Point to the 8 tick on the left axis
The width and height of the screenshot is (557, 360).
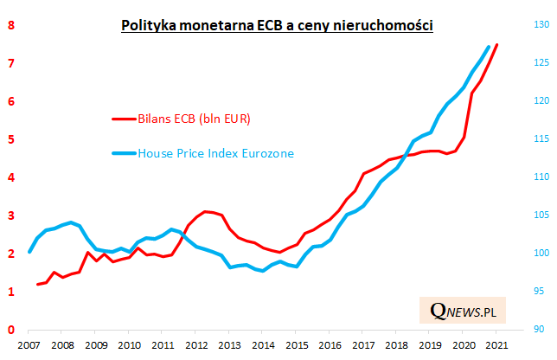(x=11, y=25)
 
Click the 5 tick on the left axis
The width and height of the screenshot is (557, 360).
(x=11, y=139)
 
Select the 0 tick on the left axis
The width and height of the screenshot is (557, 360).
(x=11, y=330)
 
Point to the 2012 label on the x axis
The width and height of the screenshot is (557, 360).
(x=196, y=345)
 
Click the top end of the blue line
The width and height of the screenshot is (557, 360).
(x=489, y=47)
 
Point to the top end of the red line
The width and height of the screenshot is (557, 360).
(x=496, y=44)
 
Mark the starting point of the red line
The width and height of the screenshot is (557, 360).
(x=37, y=284)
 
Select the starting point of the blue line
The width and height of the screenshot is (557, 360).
(x=29, y=252)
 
